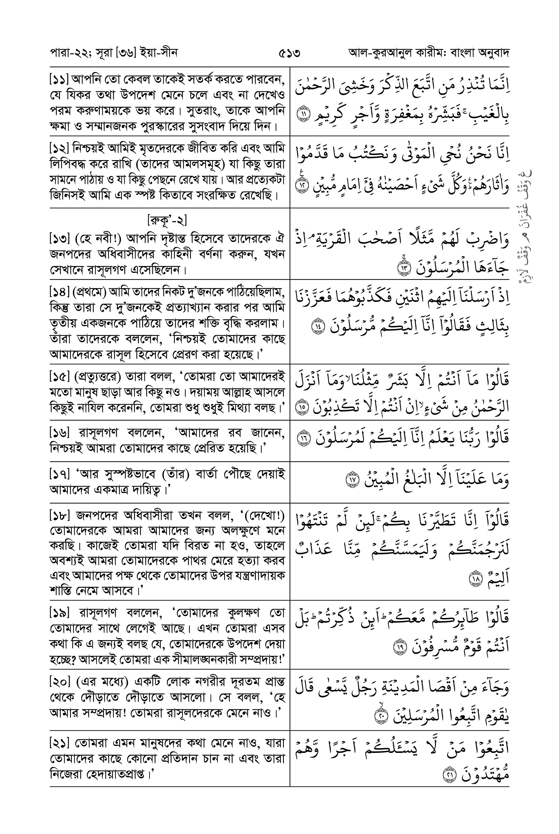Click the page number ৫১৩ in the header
[x=289, y=53]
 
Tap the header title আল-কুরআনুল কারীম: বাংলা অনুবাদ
[x=429, y=53]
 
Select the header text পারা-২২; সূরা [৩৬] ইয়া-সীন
[x=113, y=53]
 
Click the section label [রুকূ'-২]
[x=167, y=220]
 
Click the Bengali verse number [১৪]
[x=59, y=292]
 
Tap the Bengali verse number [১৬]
[x=59, y=433]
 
